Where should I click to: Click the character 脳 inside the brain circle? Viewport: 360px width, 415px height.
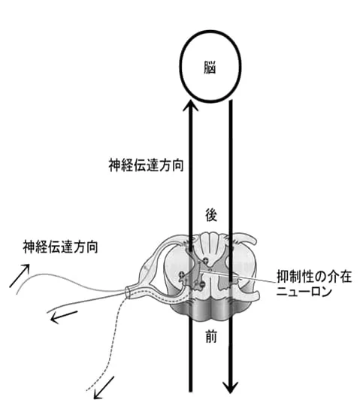[210, 67]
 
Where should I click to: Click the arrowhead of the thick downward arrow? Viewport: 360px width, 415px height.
[231, 387]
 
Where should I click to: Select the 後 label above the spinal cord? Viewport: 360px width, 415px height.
[211, 215]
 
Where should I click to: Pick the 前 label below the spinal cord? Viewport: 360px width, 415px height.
[211, 337]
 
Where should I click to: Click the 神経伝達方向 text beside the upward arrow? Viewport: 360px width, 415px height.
[146, 165]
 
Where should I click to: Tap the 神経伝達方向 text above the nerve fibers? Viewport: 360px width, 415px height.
[60, 247]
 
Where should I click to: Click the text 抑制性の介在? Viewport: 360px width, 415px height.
[314, 277]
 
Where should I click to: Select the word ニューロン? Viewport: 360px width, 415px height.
[304, 292]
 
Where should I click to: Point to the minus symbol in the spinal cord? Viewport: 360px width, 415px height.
[201, 284]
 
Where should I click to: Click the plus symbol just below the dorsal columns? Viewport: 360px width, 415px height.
[205, 260]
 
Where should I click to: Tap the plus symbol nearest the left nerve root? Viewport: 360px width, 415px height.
[182, 274]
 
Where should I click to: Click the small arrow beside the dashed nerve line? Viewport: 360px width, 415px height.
[104, 388]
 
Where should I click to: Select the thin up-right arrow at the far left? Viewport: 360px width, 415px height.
[20, 275]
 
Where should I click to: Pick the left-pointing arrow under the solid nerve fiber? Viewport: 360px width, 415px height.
[64, 317]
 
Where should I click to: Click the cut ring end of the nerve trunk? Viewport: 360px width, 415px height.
[128, 292]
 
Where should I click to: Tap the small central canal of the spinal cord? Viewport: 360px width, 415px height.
[210, 270]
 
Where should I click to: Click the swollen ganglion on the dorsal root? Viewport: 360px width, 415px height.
[148, 268]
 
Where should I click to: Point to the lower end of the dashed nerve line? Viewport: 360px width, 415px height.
[87, 390]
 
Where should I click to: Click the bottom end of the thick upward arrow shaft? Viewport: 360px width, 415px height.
[191, 391]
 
